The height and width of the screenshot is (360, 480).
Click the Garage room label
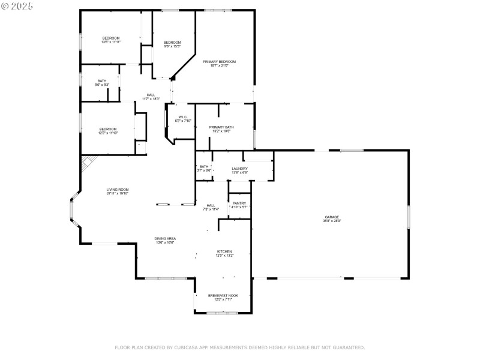[x=332, y=217]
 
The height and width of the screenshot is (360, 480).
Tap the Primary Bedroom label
[x=219, y=62]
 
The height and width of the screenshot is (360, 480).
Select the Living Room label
[x=118, y=190]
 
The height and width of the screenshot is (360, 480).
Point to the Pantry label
[x=239, y=203]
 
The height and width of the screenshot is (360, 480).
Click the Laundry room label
[x=239, y=169]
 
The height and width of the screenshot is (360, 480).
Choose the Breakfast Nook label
[x=223, y=295]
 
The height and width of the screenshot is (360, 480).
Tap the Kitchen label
[x=224, y=251]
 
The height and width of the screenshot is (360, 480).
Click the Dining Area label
[x=166, y=239]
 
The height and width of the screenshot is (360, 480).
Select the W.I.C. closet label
[x=182, y=117]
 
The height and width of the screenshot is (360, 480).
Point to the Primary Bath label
[x=221, y=127]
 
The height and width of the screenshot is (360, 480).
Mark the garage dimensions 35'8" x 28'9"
[x=332, y=221]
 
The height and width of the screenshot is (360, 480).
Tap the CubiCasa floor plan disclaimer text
[x=239, y=347]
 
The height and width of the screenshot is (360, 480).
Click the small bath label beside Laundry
[x=204, y=167]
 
